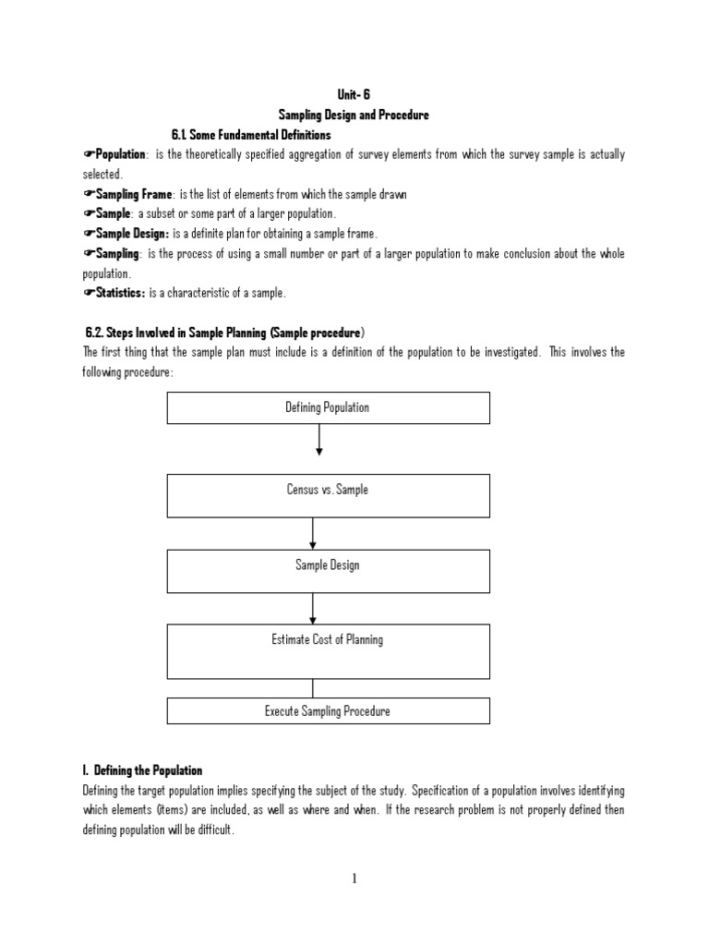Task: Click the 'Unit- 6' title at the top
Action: (x=354, y=95)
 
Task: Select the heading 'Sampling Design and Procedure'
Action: (x=354, y=115)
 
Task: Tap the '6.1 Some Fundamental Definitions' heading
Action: (x=251, y=135)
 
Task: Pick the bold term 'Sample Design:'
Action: (x=131, y=234)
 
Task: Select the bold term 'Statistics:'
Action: (x=120, y=293)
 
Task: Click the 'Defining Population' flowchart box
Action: (x=328, y=407)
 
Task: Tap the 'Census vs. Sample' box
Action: (x=328, y=495)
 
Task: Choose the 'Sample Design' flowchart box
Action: (x=328, y=571)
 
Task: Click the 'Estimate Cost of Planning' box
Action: (x=328, y=650)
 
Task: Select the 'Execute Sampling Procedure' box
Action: (x=328, y=710)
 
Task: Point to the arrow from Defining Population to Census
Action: (x=319, y=440)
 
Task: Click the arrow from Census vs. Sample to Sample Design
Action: (x=314, y=533)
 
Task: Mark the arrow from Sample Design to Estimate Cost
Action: (x=314, y=608)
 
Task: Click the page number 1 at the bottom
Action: (x=354, y=879)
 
